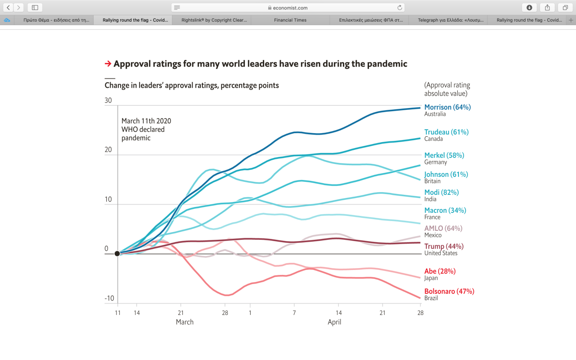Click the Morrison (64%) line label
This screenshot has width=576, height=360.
point(447,107)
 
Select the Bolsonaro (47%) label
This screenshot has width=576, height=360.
point(449,291)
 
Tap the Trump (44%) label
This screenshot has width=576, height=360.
point(444,246)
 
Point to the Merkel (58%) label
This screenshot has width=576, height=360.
point(444,155)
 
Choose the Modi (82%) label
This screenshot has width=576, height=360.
point(441,192)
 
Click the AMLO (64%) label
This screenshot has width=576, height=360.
point(443,228)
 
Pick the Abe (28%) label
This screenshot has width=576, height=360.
point(440,271)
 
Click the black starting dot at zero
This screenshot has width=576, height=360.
point(117,253)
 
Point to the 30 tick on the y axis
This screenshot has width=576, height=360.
point(108,100)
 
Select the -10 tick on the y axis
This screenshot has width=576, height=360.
point(109,298)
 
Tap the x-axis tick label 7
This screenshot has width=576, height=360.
point(294,313)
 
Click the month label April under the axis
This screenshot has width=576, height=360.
point(334,322)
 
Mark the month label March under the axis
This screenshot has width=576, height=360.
point(184,322)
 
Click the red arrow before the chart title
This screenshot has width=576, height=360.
point(108,63)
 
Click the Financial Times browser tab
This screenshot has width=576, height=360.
point(290,20)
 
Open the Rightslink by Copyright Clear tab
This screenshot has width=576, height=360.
point(214,20)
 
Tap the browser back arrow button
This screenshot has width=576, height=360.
point(8,8)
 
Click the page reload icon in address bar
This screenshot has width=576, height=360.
point(400,8)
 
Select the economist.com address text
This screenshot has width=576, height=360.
point(290,8)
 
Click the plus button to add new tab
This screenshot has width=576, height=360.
point(571,20)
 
